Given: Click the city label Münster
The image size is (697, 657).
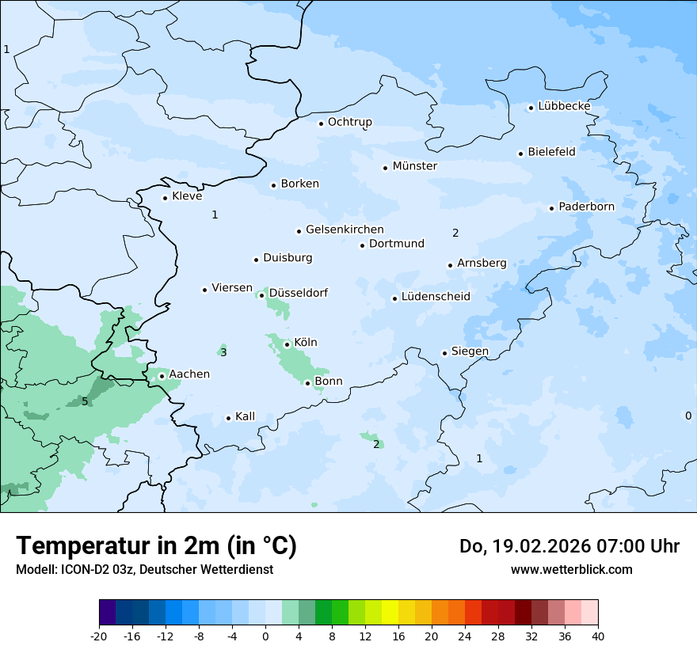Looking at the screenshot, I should click(x=414, y=166).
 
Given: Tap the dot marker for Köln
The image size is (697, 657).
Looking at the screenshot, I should click(x=287, y=344).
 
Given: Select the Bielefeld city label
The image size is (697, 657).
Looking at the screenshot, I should click(x=551, y=152).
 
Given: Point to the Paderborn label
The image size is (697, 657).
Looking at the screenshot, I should click(x=586, y=207).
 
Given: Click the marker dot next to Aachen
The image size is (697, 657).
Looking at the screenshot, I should click(x=162, y=376).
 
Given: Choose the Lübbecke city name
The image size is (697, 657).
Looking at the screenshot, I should click(x=564, y=106).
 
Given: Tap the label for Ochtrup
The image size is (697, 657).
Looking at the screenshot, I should click(x=349, y=122).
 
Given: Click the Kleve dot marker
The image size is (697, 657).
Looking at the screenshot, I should click(x=165, y=198).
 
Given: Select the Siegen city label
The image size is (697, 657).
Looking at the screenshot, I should click(x=470, y=351).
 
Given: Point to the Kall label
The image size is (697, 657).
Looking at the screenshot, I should click(x=245, y=416).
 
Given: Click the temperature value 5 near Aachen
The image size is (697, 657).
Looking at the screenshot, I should click(x=85, y=401).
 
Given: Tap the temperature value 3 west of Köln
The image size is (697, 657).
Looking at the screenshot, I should click(x=223, y=352).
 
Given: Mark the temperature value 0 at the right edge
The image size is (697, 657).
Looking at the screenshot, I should click(x=687, y=416).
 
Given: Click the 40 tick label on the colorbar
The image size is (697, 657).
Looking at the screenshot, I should click(x=597, y=636).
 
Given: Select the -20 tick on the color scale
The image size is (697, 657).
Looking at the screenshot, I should click(x=99, y=636).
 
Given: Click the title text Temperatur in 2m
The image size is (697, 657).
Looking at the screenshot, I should click(x=156, y=546).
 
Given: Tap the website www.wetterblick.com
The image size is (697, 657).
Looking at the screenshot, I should click(x=571, y=569).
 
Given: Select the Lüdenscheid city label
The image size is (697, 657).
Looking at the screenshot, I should click(x=435, y=297).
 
